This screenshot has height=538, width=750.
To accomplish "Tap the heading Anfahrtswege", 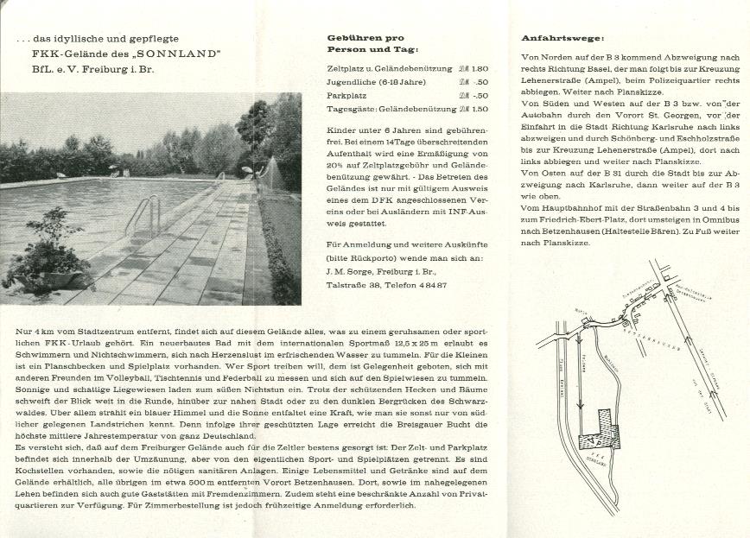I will coord(562,38).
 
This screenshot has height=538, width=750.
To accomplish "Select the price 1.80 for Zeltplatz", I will coord(480,68).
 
